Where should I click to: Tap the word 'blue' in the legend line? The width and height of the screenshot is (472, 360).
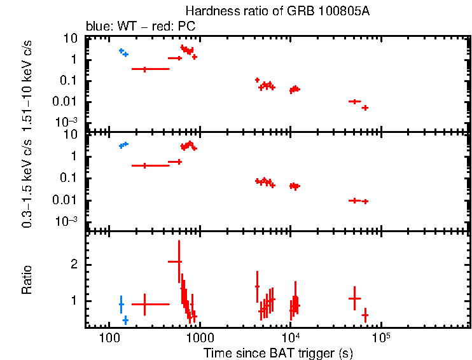pyautogui.click(x=96, y=27)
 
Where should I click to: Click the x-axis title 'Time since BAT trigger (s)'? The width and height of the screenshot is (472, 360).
pyautogui.click(x=278, y=352)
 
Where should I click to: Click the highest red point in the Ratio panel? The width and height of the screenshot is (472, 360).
pyautogui.click(x=179, y=261)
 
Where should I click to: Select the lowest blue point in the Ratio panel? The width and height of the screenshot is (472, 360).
pyautogui.click(x=125, y=320)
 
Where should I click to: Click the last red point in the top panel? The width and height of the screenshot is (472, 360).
pyautogui.click(x=365, y=107)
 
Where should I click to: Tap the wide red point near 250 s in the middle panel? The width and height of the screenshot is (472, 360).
pyautogui.click(x=145, y=165)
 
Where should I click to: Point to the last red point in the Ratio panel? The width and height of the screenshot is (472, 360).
pyautogui.click(x=365, y=315)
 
